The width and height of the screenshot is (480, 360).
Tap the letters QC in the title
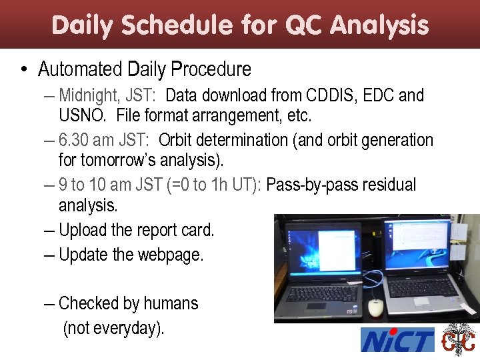pyautogui.click(x=306, y=25)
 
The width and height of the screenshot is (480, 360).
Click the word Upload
pyautogui.click(x=83, y=230)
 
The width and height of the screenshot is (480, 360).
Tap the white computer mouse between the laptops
pyautogui.click(x=375, y=307)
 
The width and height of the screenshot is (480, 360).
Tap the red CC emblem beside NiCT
pyautogui.click(x=459, y=340)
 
